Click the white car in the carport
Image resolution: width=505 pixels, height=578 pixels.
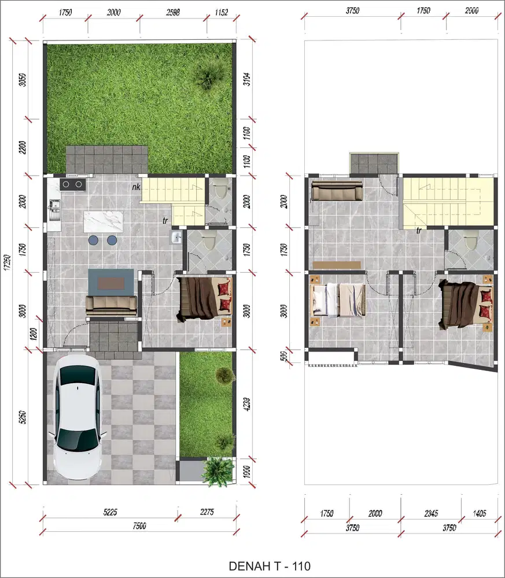point(77,419)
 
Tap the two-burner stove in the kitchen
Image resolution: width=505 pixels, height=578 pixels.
point(72,185)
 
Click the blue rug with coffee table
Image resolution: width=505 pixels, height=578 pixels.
point(110,283)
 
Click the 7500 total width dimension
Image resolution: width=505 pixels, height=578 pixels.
point(139,525)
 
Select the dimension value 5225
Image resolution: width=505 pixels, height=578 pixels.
point(110,512)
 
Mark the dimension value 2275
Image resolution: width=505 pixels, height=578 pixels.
point(208,512)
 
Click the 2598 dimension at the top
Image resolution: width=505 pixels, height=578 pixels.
point(174,12)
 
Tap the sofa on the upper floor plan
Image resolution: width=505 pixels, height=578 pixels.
point(337,191)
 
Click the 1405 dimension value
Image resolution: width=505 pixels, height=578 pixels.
point(480,513)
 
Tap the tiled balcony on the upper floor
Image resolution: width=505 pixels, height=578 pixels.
point(374,162)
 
